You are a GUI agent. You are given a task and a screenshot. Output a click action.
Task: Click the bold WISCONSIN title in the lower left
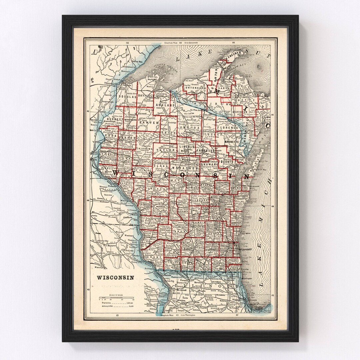[115, 277]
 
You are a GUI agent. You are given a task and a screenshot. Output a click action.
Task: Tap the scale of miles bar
[116, 298]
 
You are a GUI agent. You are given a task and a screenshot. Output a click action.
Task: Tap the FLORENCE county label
[228, 128]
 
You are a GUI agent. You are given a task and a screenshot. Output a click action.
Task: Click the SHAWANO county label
[209, 164]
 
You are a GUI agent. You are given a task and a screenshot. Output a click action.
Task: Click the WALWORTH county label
[218, 263]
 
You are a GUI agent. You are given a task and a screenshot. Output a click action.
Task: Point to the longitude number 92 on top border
[127, 43]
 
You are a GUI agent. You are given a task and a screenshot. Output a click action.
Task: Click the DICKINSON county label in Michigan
[240, 112]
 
